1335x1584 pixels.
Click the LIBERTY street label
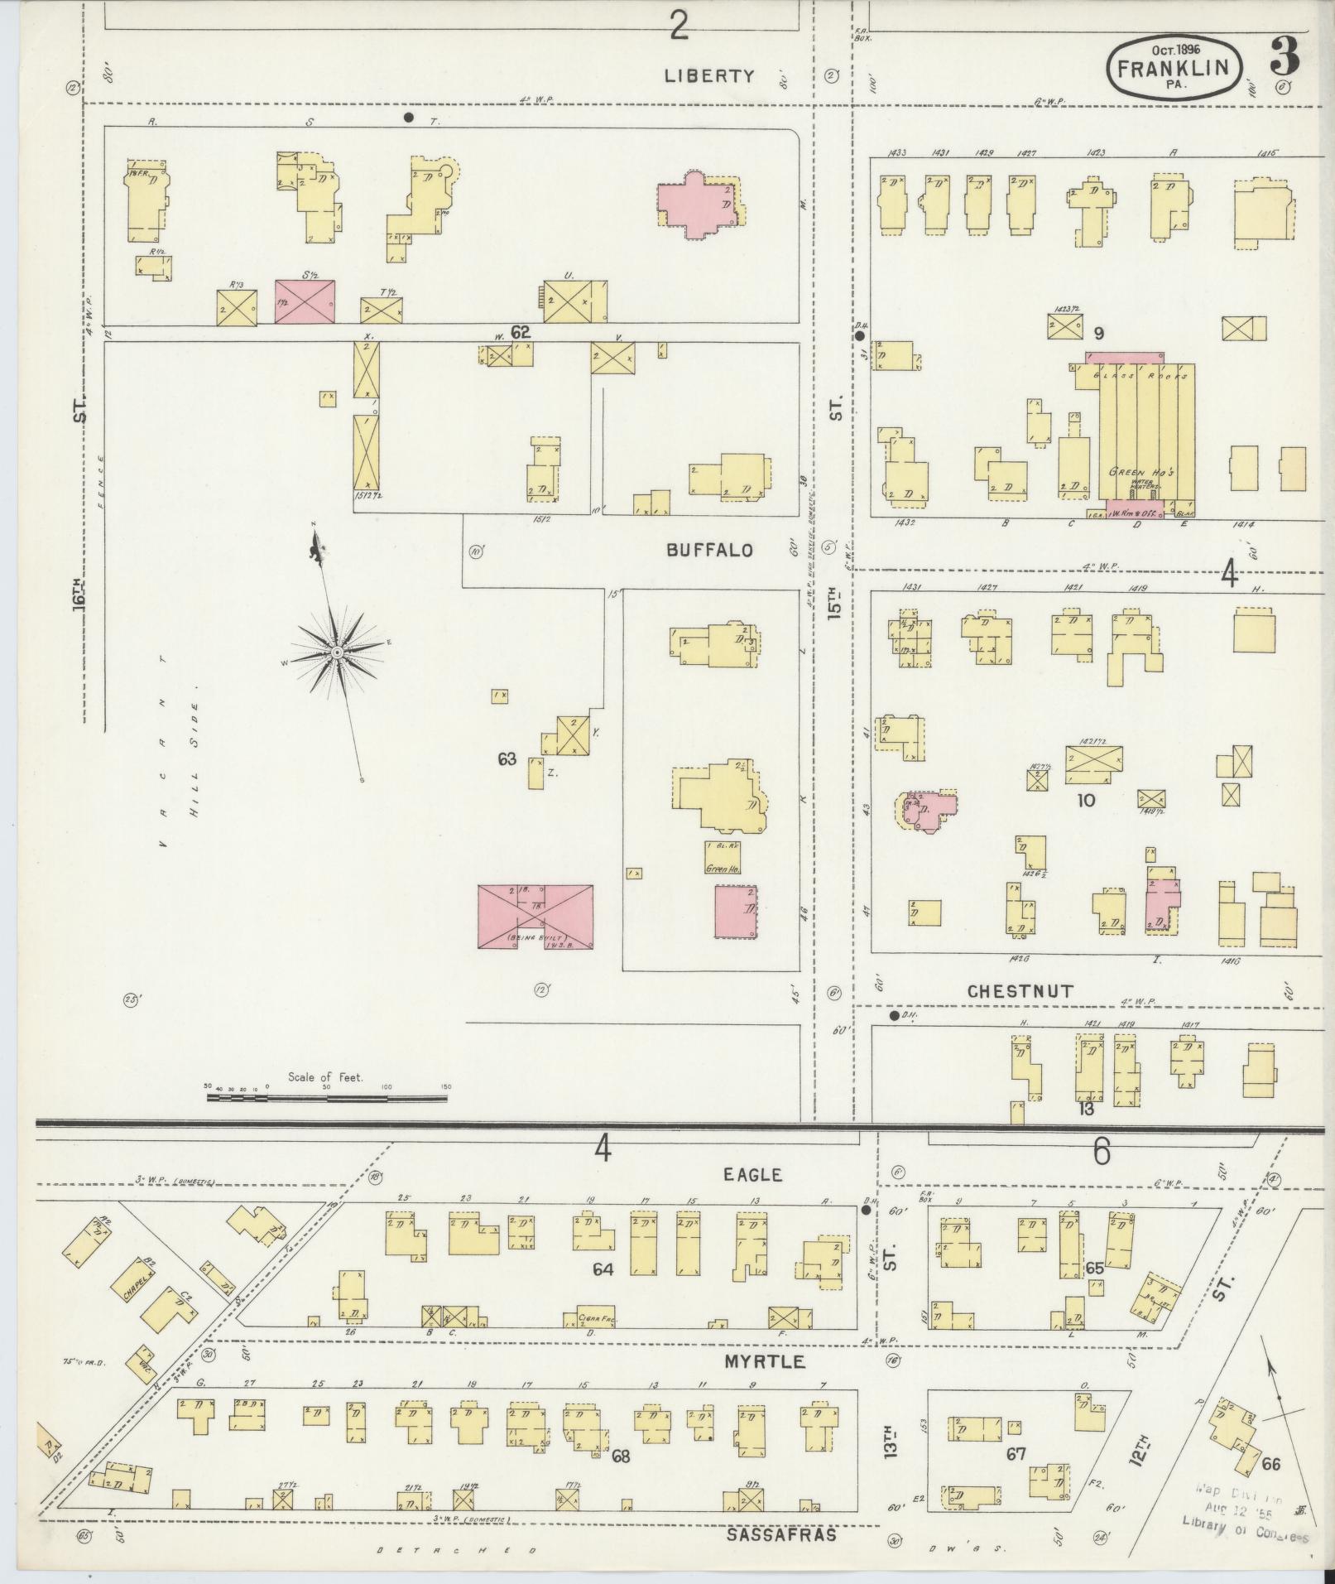click(x=710, y=76)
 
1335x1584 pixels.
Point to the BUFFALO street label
click(x=710, y=550)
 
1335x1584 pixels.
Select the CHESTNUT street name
click(x=1020, y=991)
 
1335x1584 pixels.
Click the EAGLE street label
click(x=752, y=1174)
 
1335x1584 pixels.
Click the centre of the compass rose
click(x=337, y=653)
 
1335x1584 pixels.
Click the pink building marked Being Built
click(x=535, y=916)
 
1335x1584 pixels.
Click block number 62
click(x=520, y=332)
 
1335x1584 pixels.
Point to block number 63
click(x=507, y=758)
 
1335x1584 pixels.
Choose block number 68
click(x=620, y=1456)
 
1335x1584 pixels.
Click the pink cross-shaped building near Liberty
click(x=697, y=204)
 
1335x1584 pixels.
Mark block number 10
click(x=1086, y=801)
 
